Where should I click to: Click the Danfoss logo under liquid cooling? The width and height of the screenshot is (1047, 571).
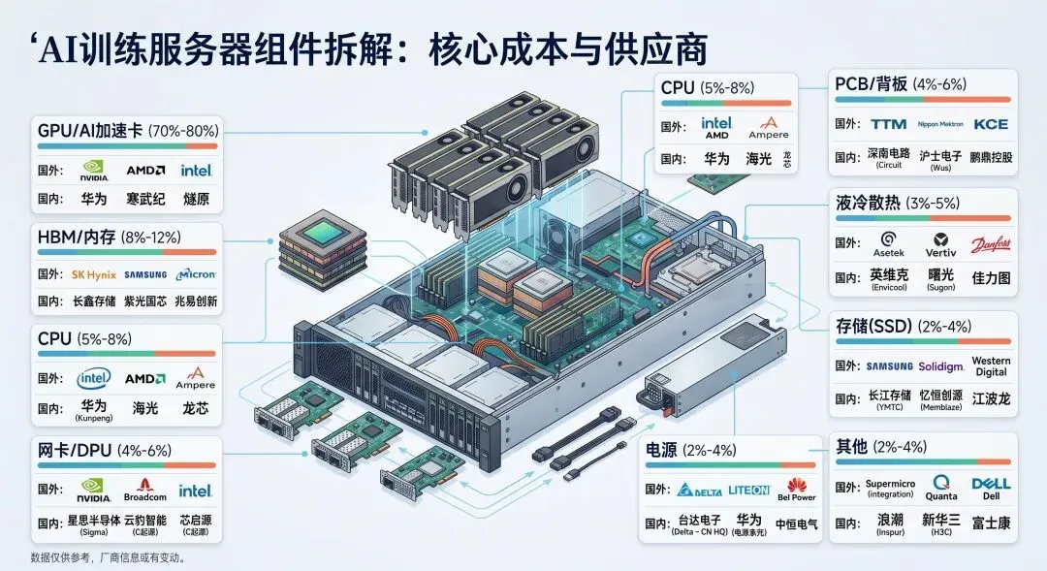[x=990, y=243]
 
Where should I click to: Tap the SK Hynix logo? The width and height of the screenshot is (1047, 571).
[x=94, y=274]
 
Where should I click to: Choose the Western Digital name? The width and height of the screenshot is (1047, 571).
[x=990, y=365]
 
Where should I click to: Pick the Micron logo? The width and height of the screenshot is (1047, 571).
[x=197, y=274]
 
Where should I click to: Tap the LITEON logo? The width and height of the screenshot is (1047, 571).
[x=748, y=490]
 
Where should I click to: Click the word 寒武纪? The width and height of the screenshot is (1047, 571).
[x=145, y=198]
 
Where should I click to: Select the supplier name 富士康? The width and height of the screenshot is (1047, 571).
[x=991, y=522]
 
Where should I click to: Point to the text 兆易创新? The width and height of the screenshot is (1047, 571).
[x=197, y=301]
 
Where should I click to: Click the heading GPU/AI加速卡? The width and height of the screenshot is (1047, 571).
[x=89, y=130]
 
